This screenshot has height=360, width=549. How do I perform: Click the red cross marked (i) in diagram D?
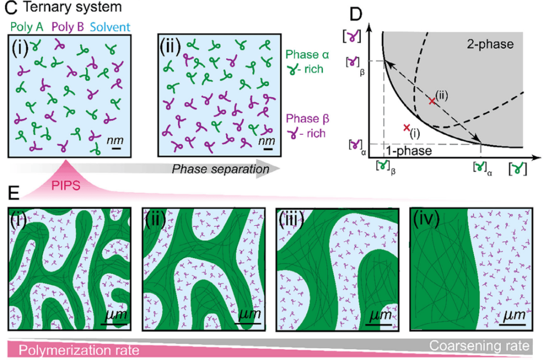(x=406, y=128)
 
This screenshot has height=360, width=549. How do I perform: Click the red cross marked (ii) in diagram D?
(x=433, y=101)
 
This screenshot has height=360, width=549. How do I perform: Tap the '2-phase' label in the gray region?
(x=490, y=44)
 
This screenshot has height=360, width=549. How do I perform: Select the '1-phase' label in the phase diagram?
(x=409, y=151)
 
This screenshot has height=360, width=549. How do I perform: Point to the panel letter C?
(x=11, y=8)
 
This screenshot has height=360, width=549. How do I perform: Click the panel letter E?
(x=13, y=193)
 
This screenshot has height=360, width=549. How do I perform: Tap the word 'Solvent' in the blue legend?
(x=110, y=27)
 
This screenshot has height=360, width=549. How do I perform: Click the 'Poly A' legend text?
(x=27, y=27)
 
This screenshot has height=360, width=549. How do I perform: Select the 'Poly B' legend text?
(x=68, y=27)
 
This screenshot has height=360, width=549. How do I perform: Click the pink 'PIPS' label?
(x=66, y=185)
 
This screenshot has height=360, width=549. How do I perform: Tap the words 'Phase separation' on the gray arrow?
(x=220, y=169)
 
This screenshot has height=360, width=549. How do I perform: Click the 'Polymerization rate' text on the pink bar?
(x=79, y=350)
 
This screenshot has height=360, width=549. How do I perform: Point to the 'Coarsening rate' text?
(x=479, y=346)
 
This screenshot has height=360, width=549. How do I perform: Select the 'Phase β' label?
(x=307, y=119)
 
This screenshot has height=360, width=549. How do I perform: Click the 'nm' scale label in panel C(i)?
(x=115, y=140)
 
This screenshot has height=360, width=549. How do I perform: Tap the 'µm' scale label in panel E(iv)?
(x=514, y=314)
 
